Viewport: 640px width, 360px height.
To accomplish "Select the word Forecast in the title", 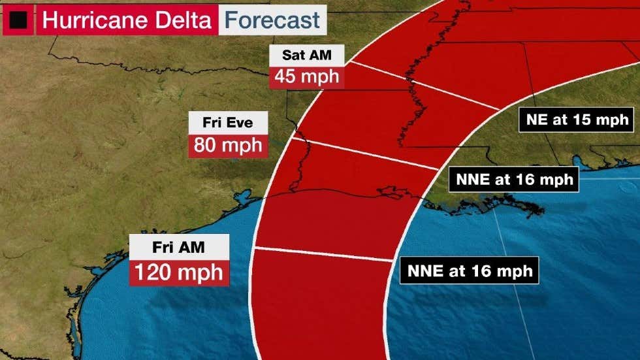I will point(272,20).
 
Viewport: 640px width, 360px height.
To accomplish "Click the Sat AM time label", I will point(307,56).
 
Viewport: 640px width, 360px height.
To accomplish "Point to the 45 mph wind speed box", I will point(307,76).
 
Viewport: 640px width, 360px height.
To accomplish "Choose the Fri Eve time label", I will point(228,122).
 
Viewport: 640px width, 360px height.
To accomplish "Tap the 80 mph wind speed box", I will point(228,144).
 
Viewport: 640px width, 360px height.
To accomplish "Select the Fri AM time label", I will point(178,248).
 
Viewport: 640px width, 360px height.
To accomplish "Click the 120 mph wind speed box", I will point(179,272).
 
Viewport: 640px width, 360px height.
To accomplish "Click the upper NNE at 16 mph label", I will point(514,178).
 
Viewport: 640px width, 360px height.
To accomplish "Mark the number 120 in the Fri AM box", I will point(156,272).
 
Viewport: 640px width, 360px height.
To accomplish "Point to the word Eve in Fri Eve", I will point(243,122).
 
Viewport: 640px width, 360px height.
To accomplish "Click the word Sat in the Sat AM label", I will point(294,56).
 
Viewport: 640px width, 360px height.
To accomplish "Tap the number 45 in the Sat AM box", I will point(286,76).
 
